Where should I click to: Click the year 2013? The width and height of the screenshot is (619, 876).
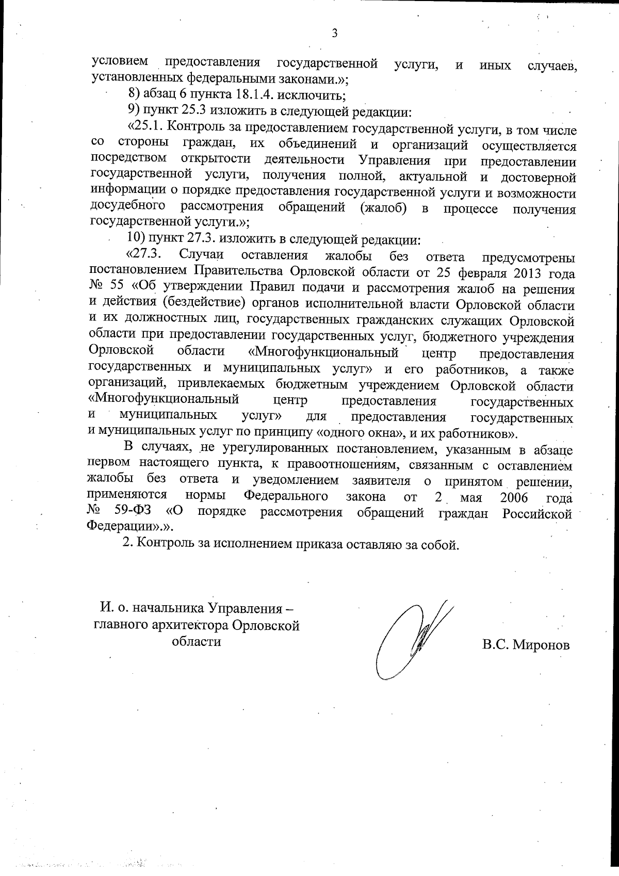pyautogui.click(x=526, y=272)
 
